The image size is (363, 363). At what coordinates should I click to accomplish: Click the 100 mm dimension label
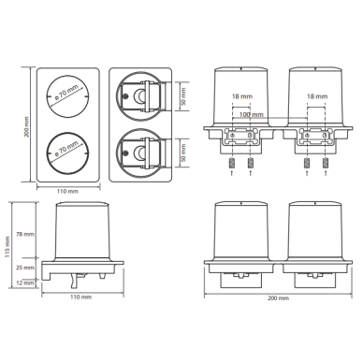click(252, 115)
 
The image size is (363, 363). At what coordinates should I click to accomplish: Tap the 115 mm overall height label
click(7, 247)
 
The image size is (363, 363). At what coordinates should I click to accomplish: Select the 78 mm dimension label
click(26, 234)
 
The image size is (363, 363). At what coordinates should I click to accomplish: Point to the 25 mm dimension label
click(26, 268)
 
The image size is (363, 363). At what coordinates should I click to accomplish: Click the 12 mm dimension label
click(26, 283)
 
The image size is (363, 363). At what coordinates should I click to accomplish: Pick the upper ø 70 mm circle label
click(66, 93)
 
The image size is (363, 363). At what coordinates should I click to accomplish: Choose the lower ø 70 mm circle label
click(66, 149)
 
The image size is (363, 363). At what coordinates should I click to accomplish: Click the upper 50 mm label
click(183, 96)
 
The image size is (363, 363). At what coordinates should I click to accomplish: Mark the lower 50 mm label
click(183, 152)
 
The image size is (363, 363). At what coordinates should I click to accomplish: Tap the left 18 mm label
click(242, 96)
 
